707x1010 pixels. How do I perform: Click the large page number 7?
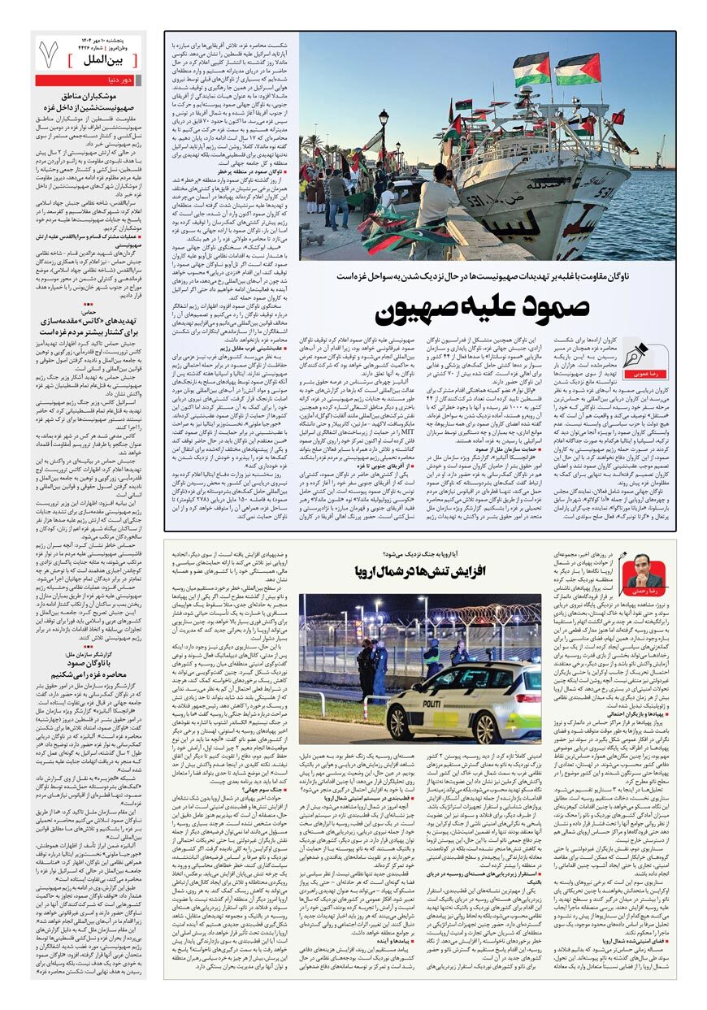click(48, 54)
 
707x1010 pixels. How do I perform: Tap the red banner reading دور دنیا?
click(90, 80)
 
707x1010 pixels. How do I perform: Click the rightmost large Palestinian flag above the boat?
click(577, 68)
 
